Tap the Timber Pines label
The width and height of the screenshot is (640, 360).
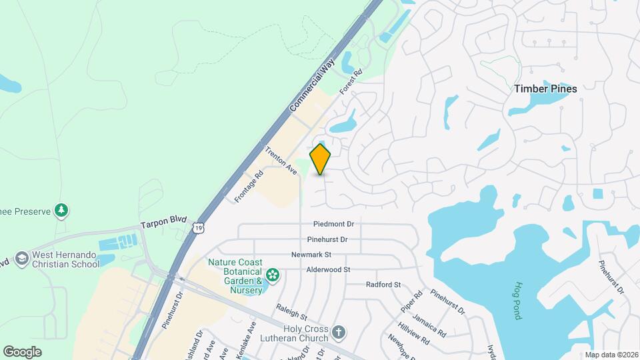pyautogui.click(x=545, y=88)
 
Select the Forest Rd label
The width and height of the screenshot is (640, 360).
pyautogui.click(x=350, y=81)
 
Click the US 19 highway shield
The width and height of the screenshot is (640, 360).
pyautogui.click(x=197, y=229)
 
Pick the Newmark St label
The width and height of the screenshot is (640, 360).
pyautogui.click(x=311, y=255)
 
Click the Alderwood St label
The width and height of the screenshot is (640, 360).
pyautogui.click(x=328, y=269)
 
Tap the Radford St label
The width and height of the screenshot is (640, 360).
pyautogui.click(x=383, y=285)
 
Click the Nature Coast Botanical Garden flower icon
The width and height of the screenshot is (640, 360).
pyautogui.click(x=272, y=275)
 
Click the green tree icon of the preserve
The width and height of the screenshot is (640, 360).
pyautogui.click(x=61, y=211)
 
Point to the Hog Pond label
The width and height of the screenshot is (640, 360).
pyautogui.click(x=517, y=301)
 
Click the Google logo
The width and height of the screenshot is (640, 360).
pyautogui.click(x=22, y=351)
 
